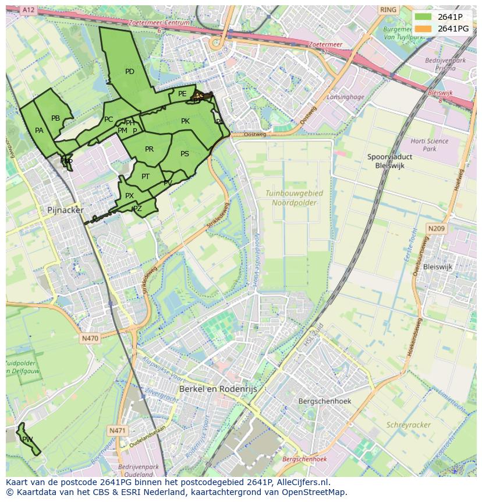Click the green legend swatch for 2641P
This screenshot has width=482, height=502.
point(423,17)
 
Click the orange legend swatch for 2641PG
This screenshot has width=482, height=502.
point(423,29)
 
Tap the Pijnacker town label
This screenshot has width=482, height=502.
point(65,210)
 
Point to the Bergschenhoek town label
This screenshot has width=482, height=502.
point(324,401)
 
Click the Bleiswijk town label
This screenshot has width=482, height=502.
point(438,266)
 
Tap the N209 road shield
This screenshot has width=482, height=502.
point(436,229)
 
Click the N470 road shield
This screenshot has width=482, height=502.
point(90,338)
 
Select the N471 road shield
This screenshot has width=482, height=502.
point(117,430)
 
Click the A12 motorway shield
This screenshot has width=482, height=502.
point(29,10)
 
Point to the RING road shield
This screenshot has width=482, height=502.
point(387,10)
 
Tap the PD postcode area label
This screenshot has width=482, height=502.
point(129,72)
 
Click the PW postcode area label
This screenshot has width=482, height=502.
point(27,439)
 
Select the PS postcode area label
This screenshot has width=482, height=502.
point(185,154)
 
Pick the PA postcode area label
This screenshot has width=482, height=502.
point(39,131)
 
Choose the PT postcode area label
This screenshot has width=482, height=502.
point(146,177)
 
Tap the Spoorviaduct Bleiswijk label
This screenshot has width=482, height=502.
point(389,161)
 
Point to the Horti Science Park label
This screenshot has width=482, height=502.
point(429,145)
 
